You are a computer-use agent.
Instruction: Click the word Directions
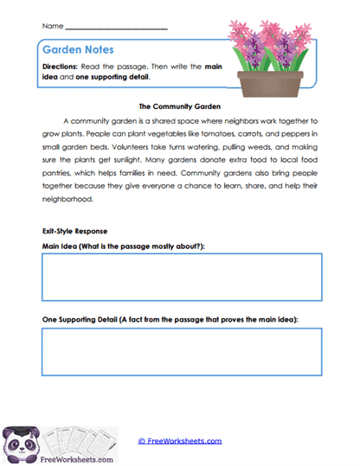(x=63, y=67)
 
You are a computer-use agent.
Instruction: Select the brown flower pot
(x=269, y=84)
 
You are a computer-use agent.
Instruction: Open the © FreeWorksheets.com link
(x=180, y=442)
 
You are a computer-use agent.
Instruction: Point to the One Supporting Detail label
(x=170, y=320)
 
